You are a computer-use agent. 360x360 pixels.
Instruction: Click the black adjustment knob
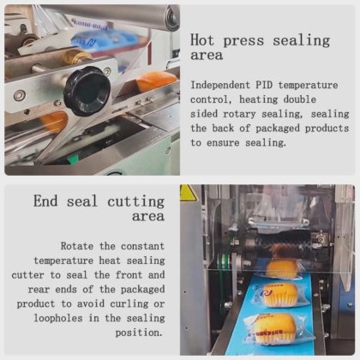87,91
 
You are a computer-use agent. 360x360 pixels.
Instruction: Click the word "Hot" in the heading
202,40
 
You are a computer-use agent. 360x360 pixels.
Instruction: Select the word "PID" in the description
266,85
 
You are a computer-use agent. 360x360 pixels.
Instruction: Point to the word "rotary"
239,114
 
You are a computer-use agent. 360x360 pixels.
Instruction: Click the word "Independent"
221,86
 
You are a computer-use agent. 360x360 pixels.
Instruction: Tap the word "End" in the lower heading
45,201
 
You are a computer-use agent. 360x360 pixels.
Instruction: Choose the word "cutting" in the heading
136,201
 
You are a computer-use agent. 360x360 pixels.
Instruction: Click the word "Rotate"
77,246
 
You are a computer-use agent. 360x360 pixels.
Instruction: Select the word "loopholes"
58,318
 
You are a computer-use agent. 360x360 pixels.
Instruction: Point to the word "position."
139,333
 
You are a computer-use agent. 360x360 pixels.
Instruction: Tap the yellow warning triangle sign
187,192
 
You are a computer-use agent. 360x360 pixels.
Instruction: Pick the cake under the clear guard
282,268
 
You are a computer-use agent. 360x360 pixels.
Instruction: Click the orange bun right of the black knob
156,81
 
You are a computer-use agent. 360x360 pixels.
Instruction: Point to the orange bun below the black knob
54,122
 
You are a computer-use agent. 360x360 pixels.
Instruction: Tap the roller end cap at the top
172,18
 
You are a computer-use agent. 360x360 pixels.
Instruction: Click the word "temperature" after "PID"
309,85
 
